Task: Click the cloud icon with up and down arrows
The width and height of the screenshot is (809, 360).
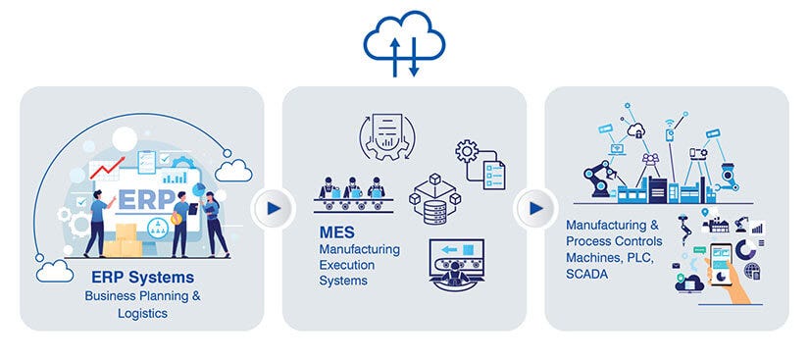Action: pos(404,41)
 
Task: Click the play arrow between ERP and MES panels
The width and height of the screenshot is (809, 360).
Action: pos(273,209)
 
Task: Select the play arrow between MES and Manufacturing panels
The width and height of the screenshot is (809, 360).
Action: pos(534,209)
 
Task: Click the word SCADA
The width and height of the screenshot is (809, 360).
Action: pos(587,275)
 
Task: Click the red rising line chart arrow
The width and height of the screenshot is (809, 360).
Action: pos(107,167)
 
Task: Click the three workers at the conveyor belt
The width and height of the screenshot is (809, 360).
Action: pos(351,191)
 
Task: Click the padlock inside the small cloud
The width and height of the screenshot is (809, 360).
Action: pos(637,130)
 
